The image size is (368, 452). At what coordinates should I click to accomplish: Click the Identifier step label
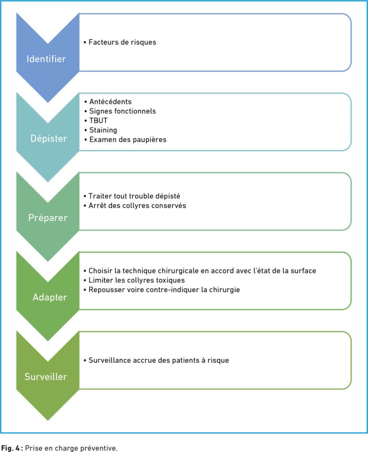point(46,59)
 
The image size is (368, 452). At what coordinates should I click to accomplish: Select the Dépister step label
point(49,139)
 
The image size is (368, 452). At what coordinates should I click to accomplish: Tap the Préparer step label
point(48,218)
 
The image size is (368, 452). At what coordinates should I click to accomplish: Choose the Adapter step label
point(49,297)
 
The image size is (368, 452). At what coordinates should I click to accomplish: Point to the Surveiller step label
point(46,377)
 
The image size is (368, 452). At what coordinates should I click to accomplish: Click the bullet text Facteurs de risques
point(122,42)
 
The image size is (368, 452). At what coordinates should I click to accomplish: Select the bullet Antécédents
point(110,102)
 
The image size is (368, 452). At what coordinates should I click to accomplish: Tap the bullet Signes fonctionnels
point(122,111)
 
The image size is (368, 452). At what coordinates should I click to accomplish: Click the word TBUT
point(99,121)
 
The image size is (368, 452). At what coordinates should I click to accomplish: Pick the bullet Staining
point(103,130)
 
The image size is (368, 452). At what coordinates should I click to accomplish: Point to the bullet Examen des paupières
point(128,139)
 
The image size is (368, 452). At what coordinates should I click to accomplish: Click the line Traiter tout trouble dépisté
point(134,196)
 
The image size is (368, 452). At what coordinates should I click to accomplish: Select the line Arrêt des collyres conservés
point(137,206)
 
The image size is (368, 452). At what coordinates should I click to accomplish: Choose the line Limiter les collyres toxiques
point(137,280)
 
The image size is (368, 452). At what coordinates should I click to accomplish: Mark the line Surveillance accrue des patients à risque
point(159,360)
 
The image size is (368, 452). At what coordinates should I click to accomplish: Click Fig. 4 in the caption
point(11,448)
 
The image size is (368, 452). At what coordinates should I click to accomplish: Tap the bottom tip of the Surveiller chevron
point(48,420)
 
